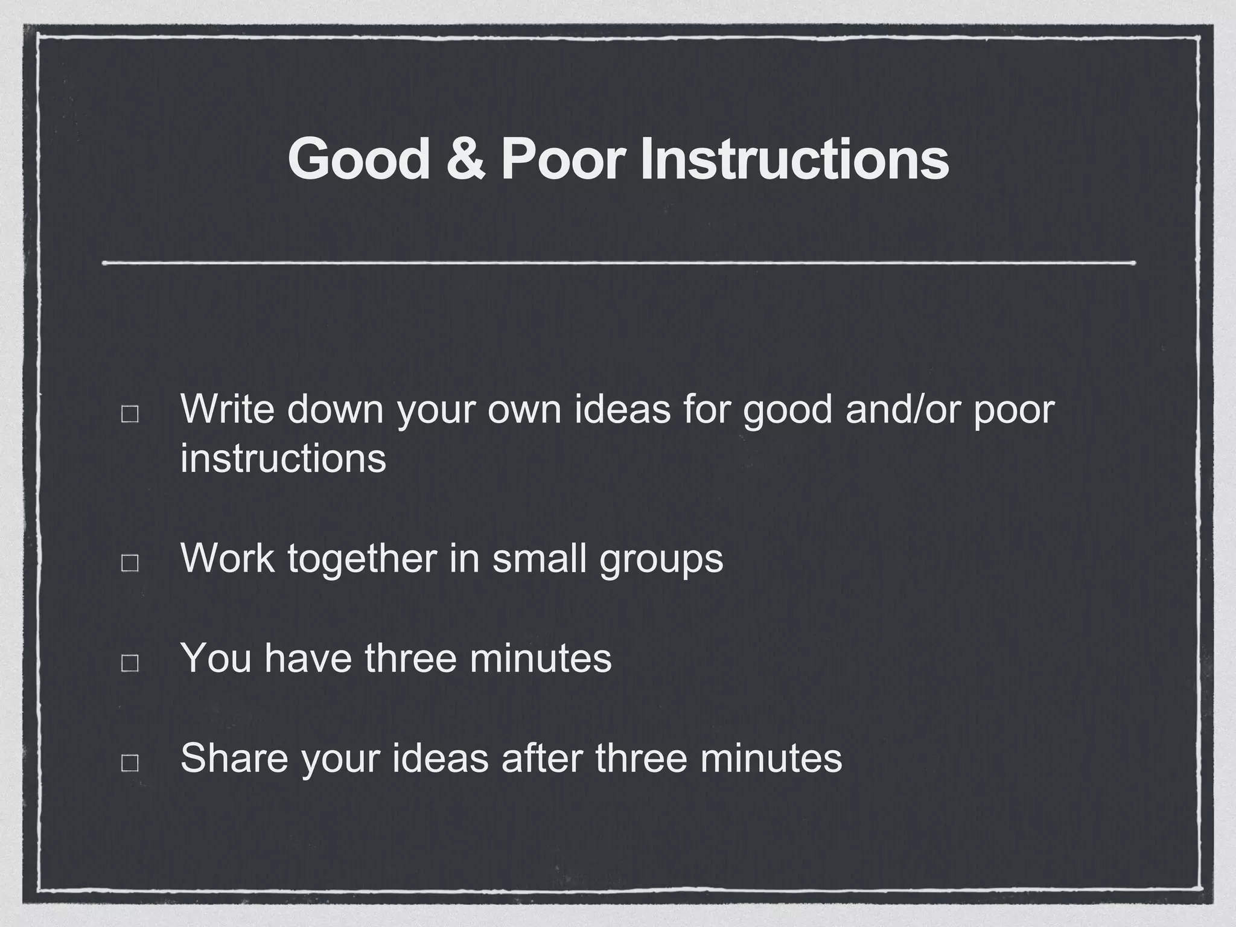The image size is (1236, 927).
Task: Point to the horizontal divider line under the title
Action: [x=618, y=263]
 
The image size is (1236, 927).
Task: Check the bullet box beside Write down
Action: [x=130, y=414]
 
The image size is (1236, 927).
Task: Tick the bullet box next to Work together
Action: [x=130, y=563]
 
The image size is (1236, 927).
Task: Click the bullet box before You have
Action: [x=130, y=663]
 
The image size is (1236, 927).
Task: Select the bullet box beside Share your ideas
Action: [x=130, y=763]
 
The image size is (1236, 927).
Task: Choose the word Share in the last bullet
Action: [x=234, y=758]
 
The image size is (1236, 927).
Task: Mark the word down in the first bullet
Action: [x=335, y=409]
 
